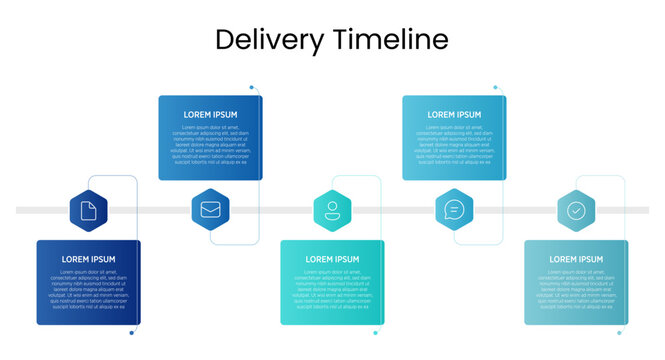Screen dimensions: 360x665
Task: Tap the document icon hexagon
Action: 88,210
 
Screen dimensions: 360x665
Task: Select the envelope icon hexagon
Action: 210,210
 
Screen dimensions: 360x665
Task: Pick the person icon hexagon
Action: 332,210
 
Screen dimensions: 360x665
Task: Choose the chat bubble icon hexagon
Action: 454,210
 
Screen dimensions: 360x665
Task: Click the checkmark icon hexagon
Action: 576,210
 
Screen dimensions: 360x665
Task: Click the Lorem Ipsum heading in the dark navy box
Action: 88,260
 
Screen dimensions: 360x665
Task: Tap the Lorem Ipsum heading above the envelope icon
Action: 210,115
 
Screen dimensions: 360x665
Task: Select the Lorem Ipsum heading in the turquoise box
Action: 332,260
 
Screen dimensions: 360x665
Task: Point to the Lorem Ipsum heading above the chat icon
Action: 454,115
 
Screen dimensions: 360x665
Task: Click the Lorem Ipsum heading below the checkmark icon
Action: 576,260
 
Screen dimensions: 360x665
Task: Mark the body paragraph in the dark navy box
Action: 88,289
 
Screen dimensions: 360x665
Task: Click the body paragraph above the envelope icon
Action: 210,144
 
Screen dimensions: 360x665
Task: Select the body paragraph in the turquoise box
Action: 332,289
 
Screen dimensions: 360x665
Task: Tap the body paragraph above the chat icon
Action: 454,144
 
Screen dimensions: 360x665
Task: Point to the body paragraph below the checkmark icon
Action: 576,289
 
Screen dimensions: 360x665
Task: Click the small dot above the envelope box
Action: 252,87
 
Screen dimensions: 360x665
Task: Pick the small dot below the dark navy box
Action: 131,333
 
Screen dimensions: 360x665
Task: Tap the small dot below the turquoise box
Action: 375,333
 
